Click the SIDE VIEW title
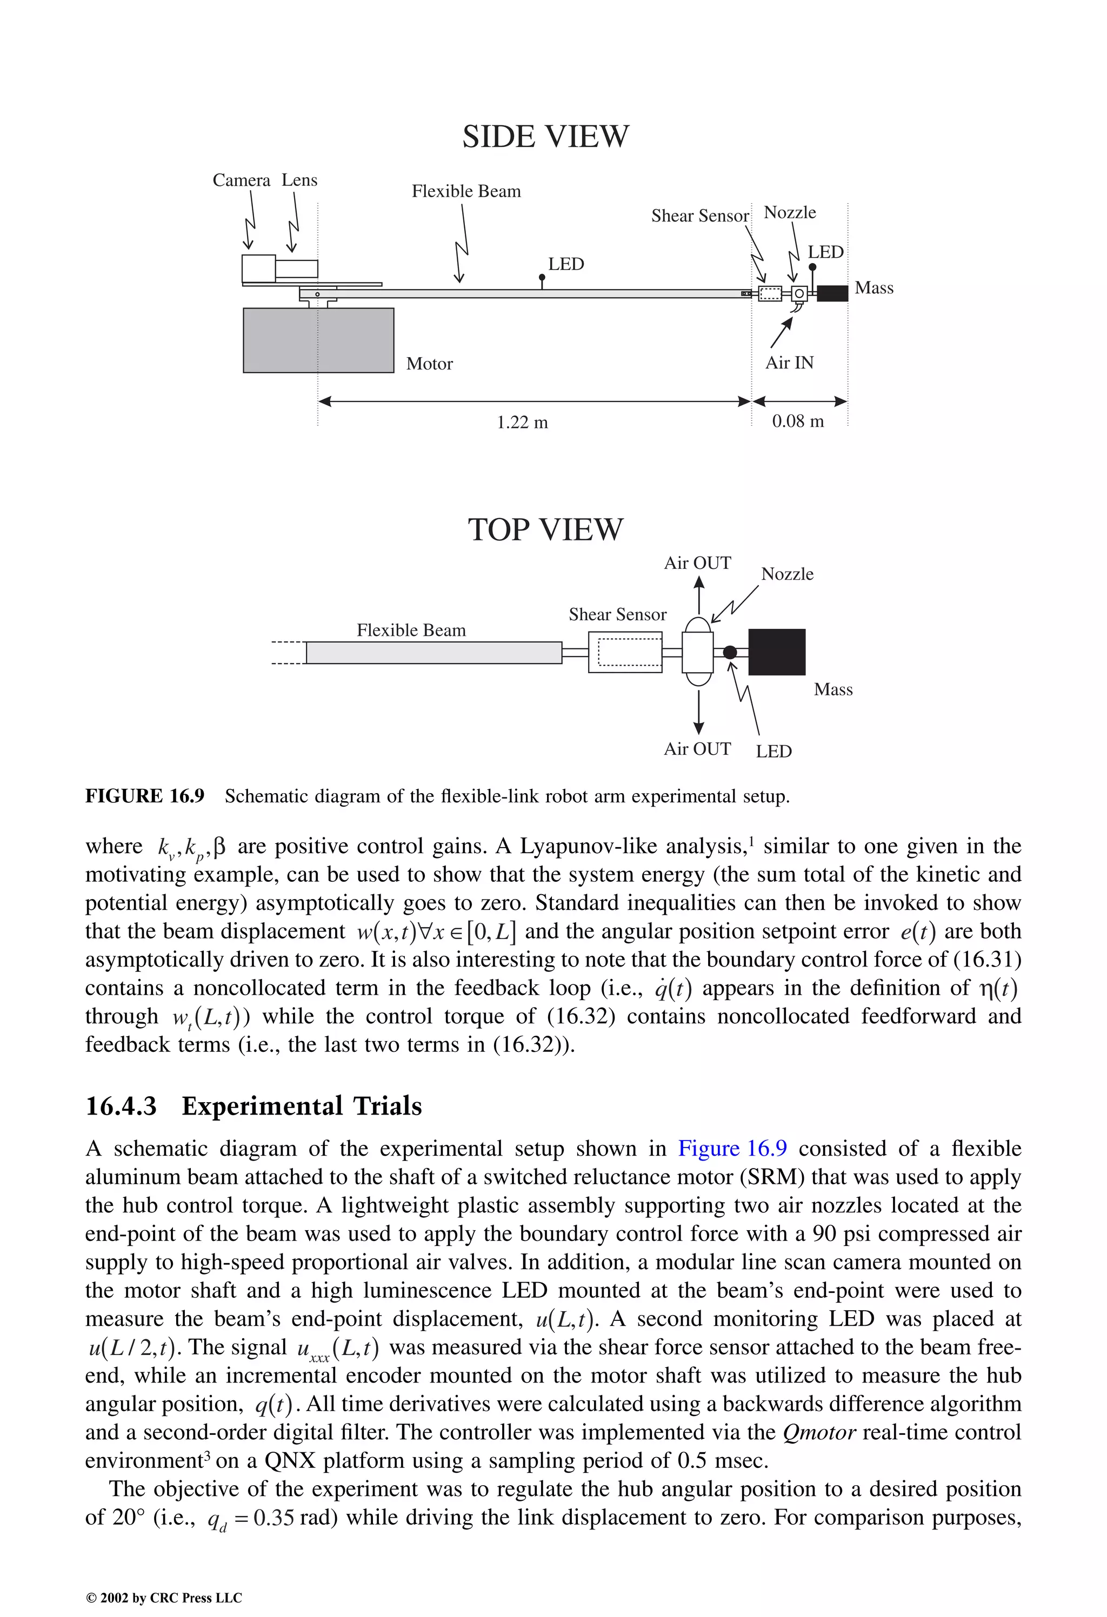tap(545, 136)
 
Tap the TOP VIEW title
tap(545, 529)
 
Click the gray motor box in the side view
tap(318, 340)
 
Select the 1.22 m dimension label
tap(522, 422)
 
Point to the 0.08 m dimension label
tap(798, 421)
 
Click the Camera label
tap(241, 180)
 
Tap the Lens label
tap(299, 180)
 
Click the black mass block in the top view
tap(776, 652)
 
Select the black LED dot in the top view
tap(730, 652)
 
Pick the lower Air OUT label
tap(697, 749)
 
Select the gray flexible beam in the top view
tap(434, 653)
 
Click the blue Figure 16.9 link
tap(732, 1148)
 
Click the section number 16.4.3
tap(121, 1105)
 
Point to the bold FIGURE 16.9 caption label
tap(145, 796)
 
